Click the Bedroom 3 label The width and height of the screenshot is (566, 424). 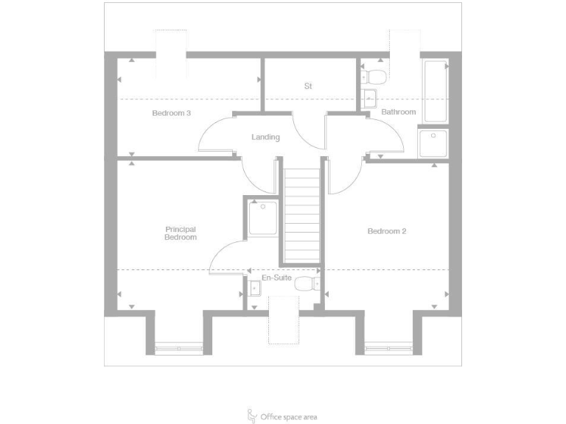172,113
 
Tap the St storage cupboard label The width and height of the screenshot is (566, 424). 308,86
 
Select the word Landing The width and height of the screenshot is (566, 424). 265,137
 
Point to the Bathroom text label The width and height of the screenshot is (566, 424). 399,112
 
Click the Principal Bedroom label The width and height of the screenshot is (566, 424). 181,233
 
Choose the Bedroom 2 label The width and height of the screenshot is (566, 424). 387,231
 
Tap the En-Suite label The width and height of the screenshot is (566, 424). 275,279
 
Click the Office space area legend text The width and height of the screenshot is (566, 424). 289,417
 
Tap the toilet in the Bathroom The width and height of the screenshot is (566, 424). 376,76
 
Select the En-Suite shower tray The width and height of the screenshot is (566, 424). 263,218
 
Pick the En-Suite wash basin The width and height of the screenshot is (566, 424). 254,289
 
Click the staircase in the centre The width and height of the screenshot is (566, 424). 301,215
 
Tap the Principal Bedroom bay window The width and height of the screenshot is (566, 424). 178,347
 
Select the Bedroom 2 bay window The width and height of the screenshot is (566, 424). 388,347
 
